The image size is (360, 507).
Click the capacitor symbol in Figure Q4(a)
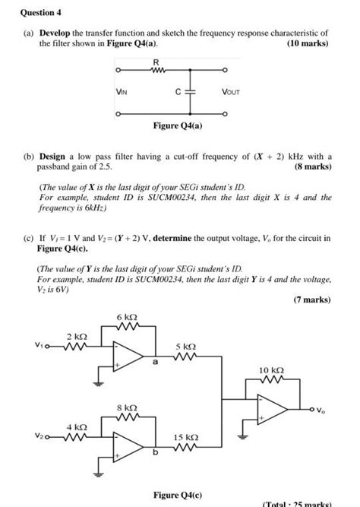190,91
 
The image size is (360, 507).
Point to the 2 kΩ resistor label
77,336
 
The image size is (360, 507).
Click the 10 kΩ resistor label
270,370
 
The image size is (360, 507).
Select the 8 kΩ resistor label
127,407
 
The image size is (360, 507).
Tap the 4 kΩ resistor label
77,427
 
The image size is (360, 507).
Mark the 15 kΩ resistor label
185,438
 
